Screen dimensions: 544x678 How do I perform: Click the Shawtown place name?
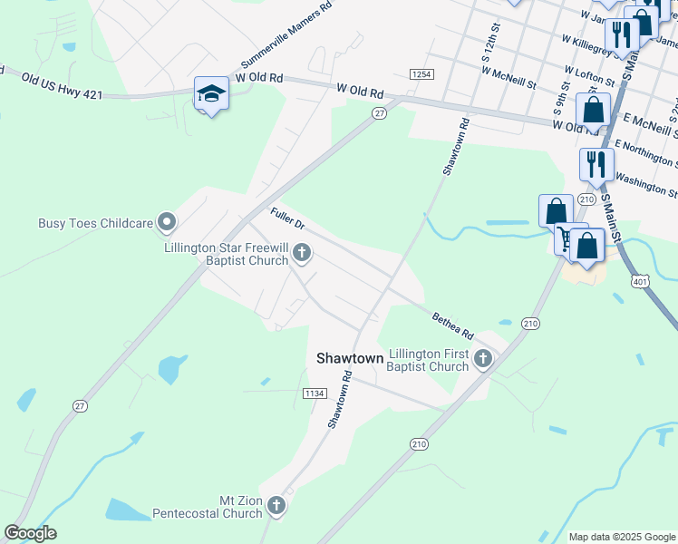tap(350, 358)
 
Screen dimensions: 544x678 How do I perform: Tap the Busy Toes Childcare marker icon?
tap(166, 222)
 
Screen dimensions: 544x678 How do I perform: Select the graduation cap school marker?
tap(211, 93)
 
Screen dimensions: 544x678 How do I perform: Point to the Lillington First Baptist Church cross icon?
tap(483, 360)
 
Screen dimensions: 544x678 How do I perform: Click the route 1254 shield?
tap(421, 73)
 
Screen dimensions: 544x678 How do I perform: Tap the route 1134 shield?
tap(314, 393)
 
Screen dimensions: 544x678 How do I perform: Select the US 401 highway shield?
tap(641, 282)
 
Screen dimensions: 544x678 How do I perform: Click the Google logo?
tap(30, 533)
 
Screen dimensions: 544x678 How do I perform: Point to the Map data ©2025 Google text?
tap(622, 537)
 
